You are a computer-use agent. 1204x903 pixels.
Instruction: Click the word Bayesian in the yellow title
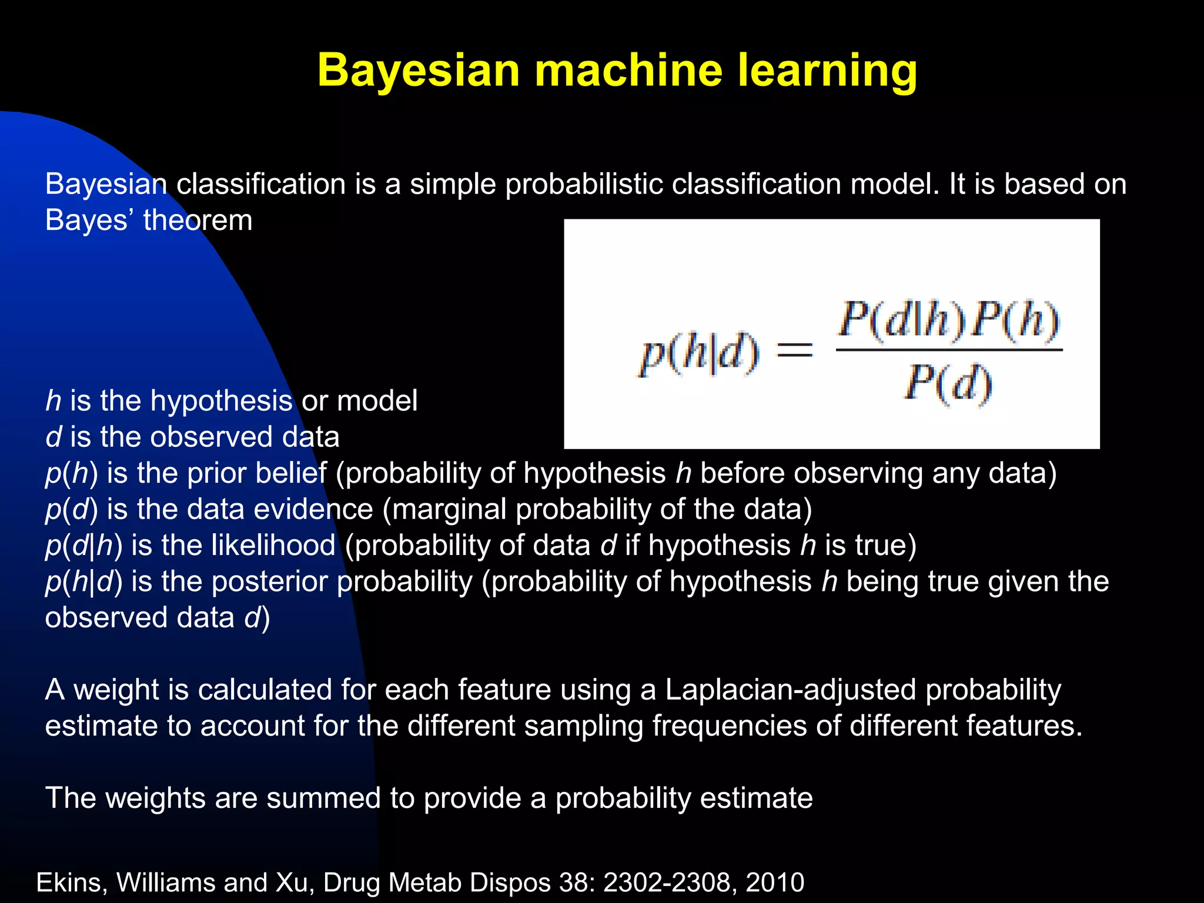419,71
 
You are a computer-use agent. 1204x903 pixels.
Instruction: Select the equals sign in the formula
795,351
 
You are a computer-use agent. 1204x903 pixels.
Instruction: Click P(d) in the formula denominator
948,383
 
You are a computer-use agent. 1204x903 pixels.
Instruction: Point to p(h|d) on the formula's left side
700,353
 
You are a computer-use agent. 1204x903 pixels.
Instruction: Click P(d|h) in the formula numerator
902,320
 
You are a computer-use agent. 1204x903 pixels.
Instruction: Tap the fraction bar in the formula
949,350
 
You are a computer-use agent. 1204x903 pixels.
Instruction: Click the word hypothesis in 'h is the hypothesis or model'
221,401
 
